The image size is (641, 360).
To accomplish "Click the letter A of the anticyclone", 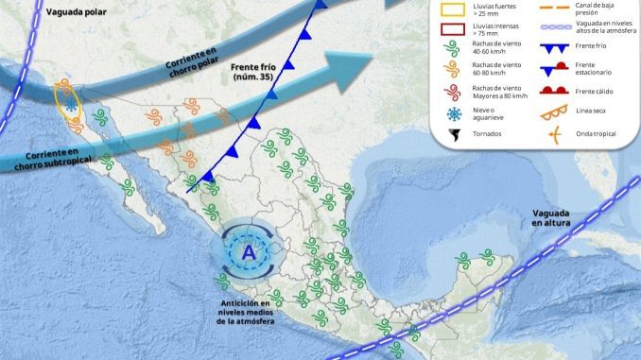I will tap(249, 252).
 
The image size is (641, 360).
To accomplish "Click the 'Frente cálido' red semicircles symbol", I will tap(556, 92).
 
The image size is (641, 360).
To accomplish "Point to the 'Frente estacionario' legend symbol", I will tap(556, 68).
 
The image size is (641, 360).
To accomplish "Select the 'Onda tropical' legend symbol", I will tap(557, 134).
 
